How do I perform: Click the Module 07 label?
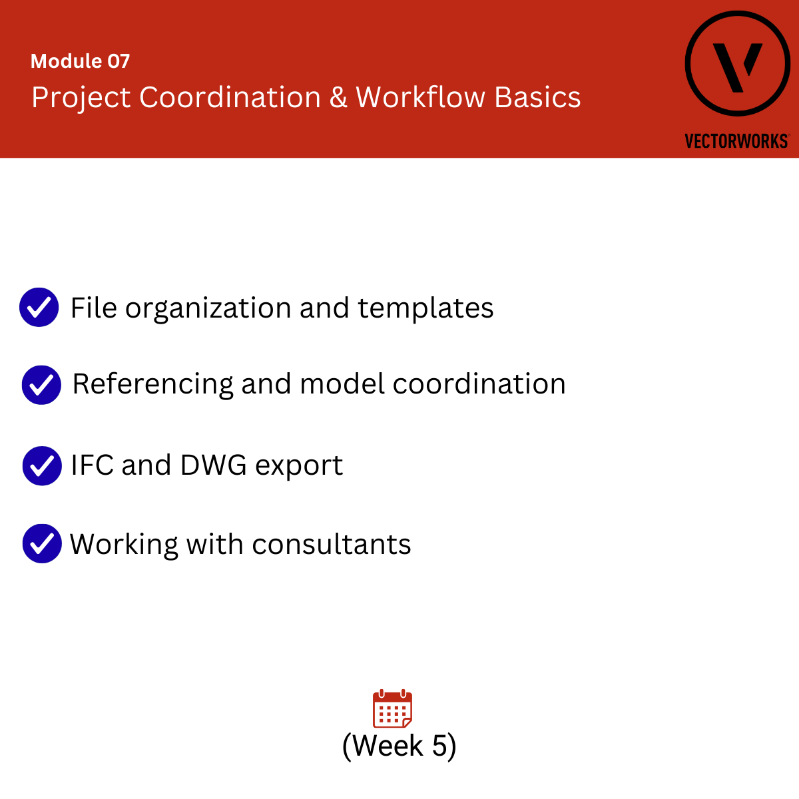coord(80,61)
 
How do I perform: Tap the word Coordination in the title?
coord(230,97)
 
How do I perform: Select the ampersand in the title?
coord(338,97)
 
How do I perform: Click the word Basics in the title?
coord(537,97)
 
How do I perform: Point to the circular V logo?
coord(737,63)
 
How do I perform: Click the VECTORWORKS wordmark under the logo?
coord(737,141)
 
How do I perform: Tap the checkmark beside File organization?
coord(39,307)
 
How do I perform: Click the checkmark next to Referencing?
coord(41,385)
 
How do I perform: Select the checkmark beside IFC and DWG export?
coord(42,465)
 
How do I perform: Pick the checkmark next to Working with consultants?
coord(42,543)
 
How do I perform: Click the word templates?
coord(425,309)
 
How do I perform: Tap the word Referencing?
coord(152,385)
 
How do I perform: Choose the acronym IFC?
coord(92,465)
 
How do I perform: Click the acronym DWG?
coord(214,465)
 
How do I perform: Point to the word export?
coord(299,467)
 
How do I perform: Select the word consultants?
coord(332,544)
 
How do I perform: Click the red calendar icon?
coord(392,708)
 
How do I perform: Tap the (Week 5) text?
coord(400,746)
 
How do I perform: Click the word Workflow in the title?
coord(420,97)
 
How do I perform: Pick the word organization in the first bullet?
coord(208,309)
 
